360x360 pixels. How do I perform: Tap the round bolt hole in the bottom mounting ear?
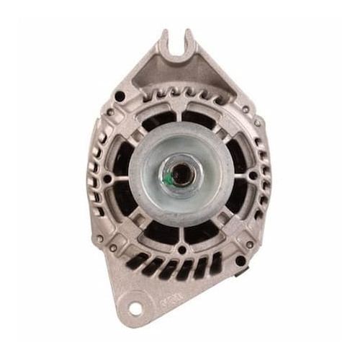(x=135, y=308)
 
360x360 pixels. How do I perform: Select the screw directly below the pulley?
(x=179, y=249)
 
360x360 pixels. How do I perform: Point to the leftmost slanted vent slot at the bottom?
(x=135, y=260)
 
